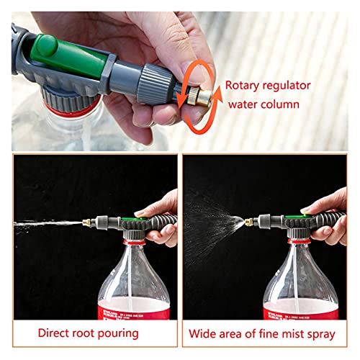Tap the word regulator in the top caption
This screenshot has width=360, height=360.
pyautogui.click(x=288, y=86)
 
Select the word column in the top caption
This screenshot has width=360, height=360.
pyautogui.click(x=292, y=104)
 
